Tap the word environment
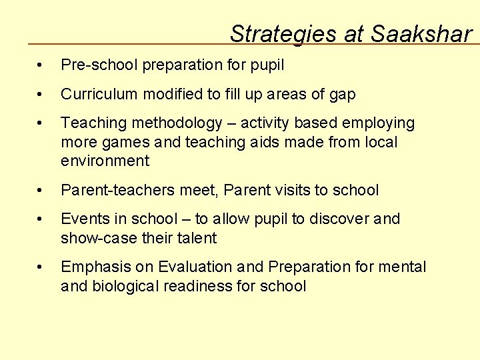click(x=105, y=161)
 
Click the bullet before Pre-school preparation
click(x=41, y=66)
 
